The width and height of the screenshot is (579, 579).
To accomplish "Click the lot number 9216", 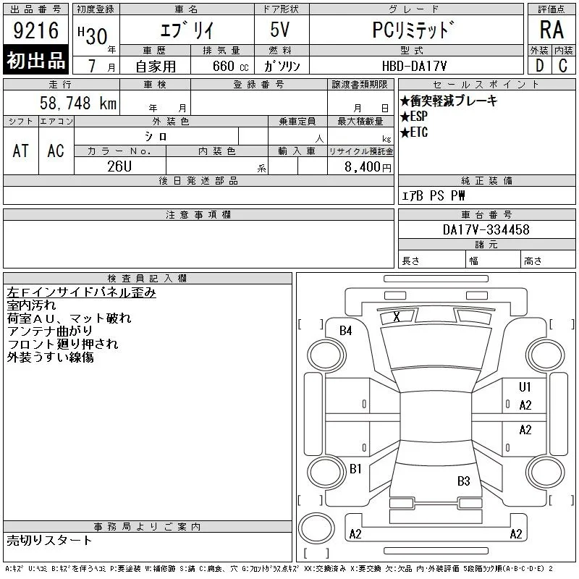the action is (35, 30).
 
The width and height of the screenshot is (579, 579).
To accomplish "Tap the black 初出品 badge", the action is (35, 60).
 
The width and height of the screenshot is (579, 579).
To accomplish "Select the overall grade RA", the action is (551, 30).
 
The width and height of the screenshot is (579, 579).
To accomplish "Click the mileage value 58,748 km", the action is (78, 103).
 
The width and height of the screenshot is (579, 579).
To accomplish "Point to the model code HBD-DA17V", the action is (414, 66).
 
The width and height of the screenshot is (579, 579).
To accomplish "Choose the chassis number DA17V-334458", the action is (486, 229).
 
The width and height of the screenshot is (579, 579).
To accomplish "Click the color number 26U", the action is (119, 166).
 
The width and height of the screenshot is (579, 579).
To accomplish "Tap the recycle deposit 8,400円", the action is (368, 167).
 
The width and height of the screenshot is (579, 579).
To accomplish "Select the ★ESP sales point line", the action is (414, 117).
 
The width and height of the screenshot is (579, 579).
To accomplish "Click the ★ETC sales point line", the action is (414, 132).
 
